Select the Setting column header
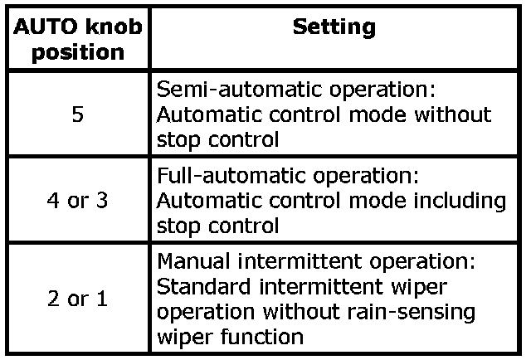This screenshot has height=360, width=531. click(334, 27)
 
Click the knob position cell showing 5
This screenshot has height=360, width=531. click(77, 114)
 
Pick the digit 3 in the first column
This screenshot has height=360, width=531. click(102, 202)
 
